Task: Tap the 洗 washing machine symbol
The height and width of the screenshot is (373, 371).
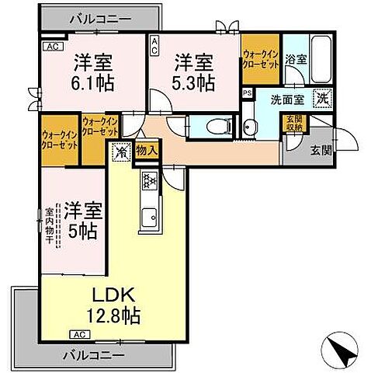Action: pos(321,99)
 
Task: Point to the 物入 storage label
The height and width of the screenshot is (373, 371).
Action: pos(147,151)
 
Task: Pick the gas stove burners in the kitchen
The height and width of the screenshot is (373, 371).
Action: pos(147,183)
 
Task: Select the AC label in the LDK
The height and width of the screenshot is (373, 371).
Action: pos(78,333)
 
